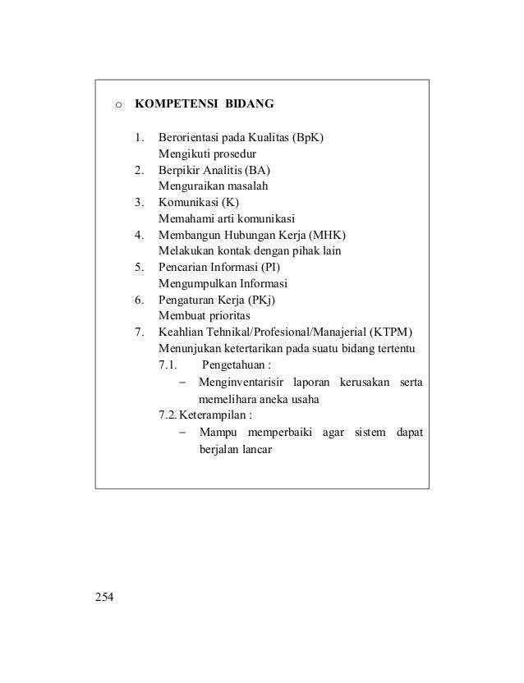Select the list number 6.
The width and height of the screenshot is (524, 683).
[140, 300]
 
